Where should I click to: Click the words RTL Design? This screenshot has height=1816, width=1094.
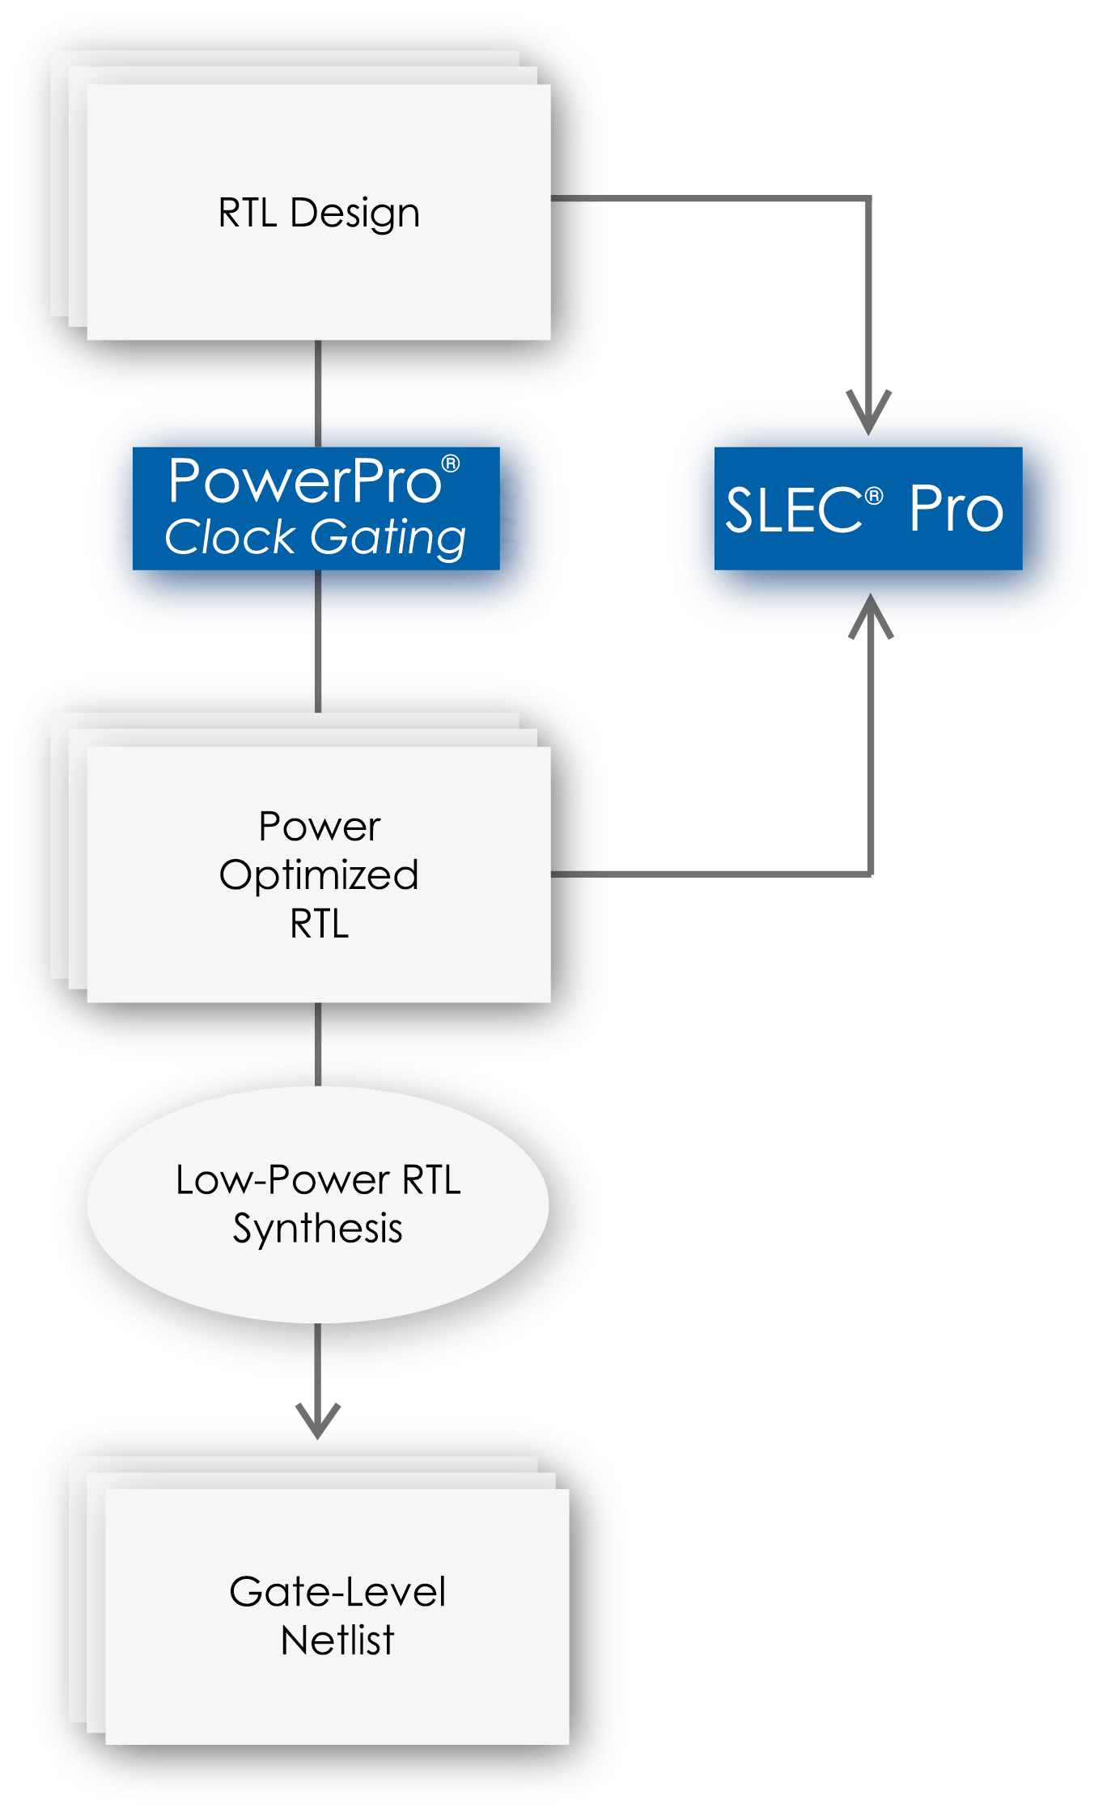tap(319, 214)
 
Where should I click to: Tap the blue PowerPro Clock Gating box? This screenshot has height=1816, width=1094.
tap(316, 508)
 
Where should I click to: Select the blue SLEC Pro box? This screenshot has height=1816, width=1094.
tap(867, 508)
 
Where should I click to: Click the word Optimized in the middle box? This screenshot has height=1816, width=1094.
tap(319, 875)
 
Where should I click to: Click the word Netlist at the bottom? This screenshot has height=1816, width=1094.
tap(337, 1640)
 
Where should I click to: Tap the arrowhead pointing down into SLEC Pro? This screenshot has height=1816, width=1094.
tap(868, 413)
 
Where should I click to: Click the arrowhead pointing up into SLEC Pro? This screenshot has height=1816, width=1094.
tap(871, 615)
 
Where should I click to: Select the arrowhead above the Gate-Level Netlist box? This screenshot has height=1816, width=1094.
tap(317, 1420)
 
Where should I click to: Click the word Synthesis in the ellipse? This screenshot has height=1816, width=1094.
tap(317, 1229)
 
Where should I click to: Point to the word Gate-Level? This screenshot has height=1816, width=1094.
tap(337, 1592)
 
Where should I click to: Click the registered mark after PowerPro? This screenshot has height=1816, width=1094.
tap(451, 464)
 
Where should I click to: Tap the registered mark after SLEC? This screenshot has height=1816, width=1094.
tap(874, 496)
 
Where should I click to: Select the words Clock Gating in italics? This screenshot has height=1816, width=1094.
tap(316, 538)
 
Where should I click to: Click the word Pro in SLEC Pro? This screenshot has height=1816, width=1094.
tap(956, 510)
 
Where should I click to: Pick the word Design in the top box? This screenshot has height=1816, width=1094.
tap(354, 214)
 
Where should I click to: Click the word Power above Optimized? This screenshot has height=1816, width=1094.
tap(319, 827)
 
